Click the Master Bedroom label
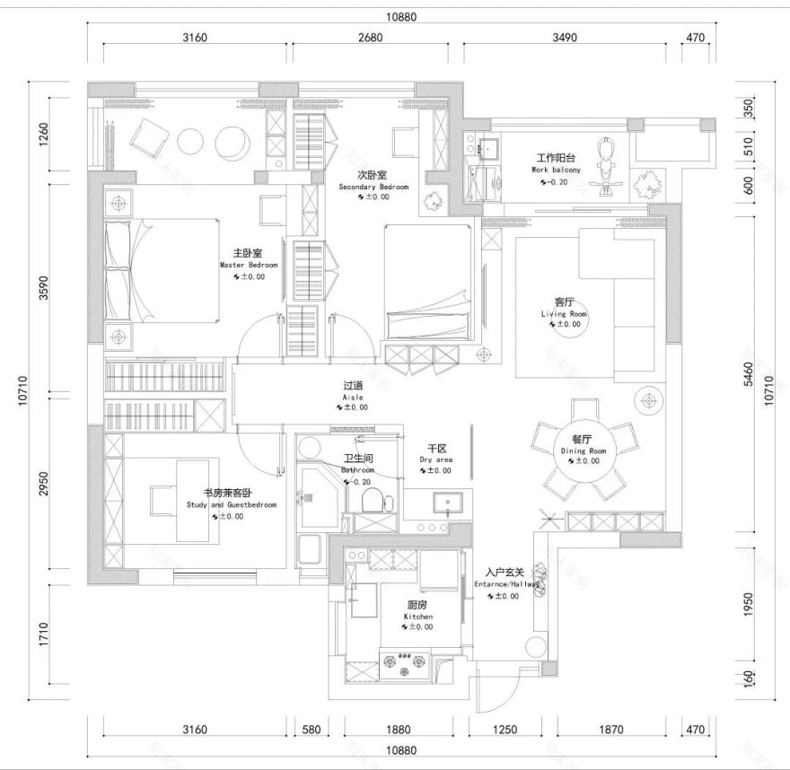(248, 266)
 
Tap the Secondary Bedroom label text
(373, 187)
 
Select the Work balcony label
(556, 170)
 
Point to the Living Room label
(564, 314)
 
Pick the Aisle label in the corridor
(352, 396)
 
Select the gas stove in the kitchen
(406, 665)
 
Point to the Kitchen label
(418, 617)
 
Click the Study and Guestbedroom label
(232, 504)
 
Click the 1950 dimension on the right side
(749, 606)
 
